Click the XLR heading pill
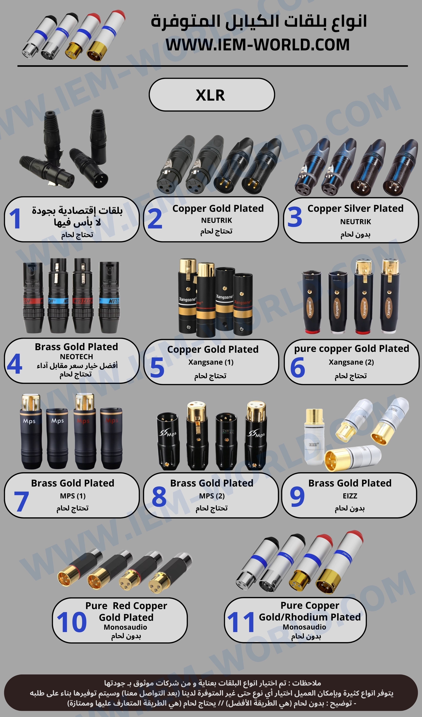pos(212,95)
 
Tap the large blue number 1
pos(15,219)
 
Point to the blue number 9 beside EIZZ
pos(297,497)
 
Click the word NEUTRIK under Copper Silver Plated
pos(355,222)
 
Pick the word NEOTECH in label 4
pos(76,356)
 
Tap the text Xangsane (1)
pos(211,362)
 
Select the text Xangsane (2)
pos(351,362)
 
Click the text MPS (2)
pos(212,496)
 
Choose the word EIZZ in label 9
pos(350,496)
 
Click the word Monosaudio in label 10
pos(125,627)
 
